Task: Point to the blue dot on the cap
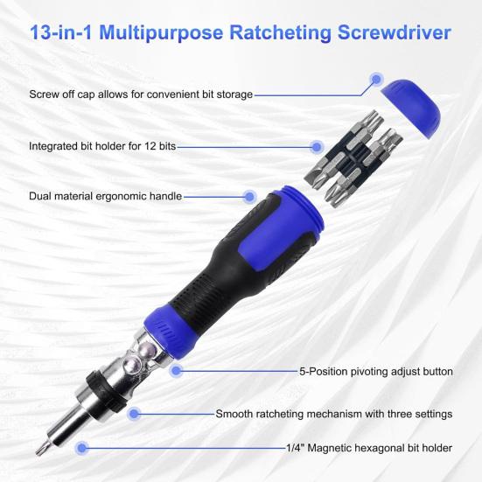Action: coord(375,80)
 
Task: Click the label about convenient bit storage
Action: coord(141,94)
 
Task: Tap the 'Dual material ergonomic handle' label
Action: coord(105,196)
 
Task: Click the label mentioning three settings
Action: coord(333,414)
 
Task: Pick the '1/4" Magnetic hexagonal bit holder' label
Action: coord(368,448)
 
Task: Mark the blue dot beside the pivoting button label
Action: coord(177,371)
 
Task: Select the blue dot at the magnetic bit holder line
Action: coord(82,448)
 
